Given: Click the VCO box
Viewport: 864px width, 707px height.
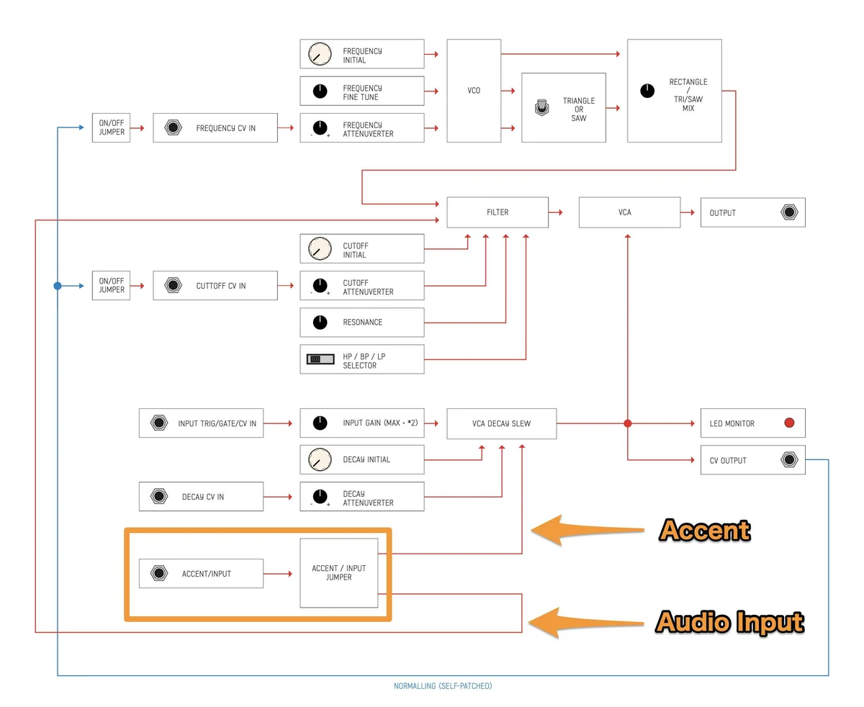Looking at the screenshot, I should click(474, 91).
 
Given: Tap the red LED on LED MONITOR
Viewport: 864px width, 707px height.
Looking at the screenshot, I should click(789, 423).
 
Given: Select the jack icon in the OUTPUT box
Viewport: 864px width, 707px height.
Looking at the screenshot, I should click(790, 212).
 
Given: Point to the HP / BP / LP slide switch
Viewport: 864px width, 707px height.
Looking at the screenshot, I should click(320, 359).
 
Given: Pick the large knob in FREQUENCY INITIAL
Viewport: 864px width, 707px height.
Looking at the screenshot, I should click(320, 54).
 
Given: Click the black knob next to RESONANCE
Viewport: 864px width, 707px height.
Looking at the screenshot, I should click(320, 322).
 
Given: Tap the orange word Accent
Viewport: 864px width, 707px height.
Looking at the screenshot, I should click(705, 530).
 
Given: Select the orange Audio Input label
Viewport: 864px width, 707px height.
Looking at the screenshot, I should click(729, 621).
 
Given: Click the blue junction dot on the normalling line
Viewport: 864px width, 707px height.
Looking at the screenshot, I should click(58, 286).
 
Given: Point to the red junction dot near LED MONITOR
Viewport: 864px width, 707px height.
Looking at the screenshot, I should click(628, 423).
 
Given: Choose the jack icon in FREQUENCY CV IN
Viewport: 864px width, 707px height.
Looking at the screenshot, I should click(174, 127).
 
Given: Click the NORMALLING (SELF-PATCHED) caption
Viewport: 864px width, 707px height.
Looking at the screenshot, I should click(443, 686).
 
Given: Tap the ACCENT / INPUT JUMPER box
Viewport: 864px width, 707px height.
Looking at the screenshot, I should click(338, 573).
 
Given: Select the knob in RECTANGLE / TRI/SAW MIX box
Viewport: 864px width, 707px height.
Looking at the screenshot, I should click(647, 91).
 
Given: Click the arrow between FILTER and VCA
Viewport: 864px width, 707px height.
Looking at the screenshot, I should click(556, 212).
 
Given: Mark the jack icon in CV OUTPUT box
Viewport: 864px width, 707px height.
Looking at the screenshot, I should click(790, 460).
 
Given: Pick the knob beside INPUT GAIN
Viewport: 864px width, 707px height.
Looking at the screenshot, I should click(320, 423).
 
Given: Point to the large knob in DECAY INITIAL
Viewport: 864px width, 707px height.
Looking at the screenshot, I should click(320, 459).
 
